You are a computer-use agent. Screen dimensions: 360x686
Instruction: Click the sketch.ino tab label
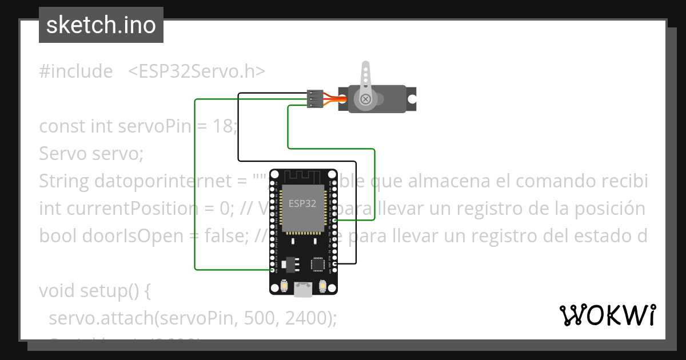pos(101,25)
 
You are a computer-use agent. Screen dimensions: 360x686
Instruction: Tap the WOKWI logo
pos(607,315)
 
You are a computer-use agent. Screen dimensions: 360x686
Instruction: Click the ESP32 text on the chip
pos(301,203)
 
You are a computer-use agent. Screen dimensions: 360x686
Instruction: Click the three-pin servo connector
pos(314,98)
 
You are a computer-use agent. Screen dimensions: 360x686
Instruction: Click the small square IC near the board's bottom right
pos(318,264)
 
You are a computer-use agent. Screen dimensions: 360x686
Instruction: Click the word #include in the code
pos(76,71)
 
